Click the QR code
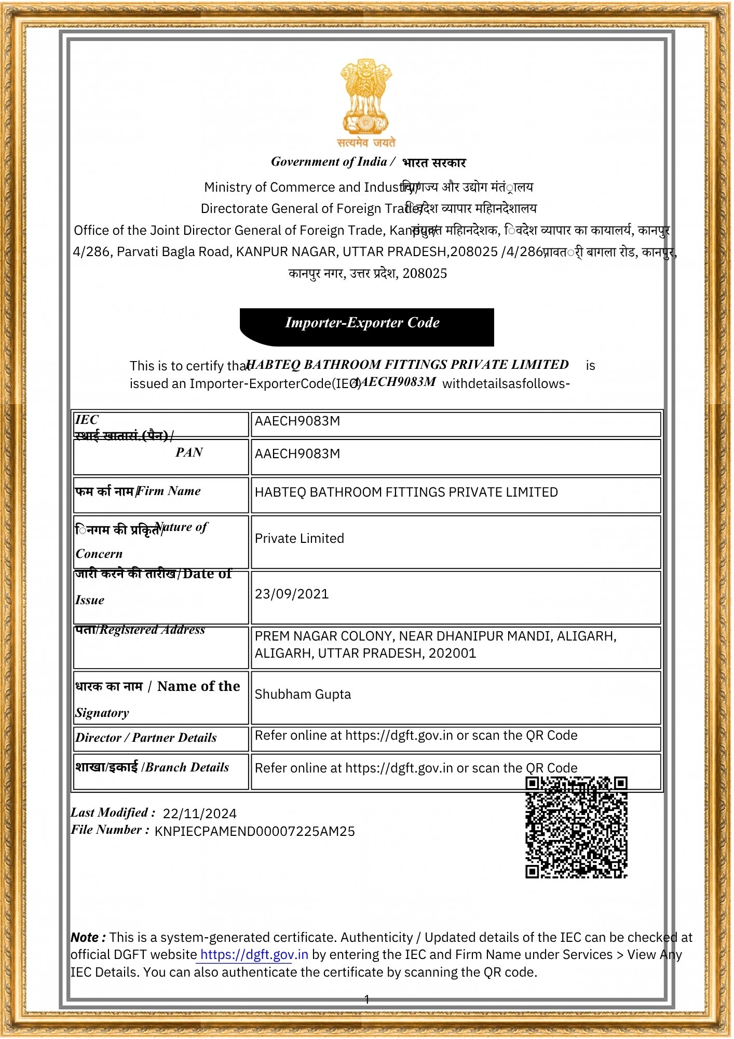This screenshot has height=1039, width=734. click(576, 827)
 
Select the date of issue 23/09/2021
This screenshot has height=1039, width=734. click(292, 594)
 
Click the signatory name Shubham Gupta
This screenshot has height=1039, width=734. click(303, 694)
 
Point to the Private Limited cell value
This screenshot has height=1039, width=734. click(299, 538)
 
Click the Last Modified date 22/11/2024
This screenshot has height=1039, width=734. click(199, 814)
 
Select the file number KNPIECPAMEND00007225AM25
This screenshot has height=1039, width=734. click(254, 831)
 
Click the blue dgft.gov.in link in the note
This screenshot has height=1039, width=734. click(254, 954)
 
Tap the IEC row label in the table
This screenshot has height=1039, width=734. click(87, 420)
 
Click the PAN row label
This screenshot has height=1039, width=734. click(189, 452)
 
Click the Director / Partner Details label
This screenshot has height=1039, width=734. click(146, 738)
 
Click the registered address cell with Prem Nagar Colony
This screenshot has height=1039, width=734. click(435, 644)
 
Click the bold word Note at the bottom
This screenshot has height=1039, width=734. click(88, 937)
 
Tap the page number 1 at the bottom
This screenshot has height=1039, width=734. click(367, 999)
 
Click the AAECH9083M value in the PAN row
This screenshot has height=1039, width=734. click(297, 454)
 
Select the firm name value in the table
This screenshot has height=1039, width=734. click(406, 492)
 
